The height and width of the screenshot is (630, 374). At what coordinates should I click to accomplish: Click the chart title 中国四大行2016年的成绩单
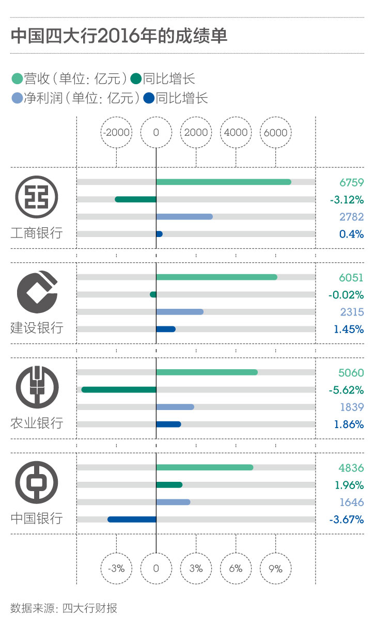tap(119, 37)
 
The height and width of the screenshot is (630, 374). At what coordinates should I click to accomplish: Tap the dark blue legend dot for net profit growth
tap(149, 98)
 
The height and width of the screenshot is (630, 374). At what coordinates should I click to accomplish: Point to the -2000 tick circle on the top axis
tap(116, 132)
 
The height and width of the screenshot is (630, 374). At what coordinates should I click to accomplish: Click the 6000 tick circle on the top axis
tap(275, 132)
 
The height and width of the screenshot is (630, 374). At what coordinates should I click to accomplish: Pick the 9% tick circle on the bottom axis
tap(275, 569)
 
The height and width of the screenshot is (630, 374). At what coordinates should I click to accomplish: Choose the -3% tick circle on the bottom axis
tap(116, 569)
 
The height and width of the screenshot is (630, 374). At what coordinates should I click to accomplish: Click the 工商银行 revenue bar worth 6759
tap(223, 182)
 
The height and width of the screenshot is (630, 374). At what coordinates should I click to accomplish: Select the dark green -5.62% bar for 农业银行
tap(119, 389)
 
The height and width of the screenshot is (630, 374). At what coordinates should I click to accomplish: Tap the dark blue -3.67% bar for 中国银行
tap(132, 519)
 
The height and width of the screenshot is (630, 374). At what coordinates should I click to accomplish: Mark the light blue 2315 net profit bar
tap(179, 311)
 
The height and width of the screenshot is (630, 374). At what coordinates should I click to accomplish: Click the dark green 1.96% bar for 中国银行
tap(169, 484)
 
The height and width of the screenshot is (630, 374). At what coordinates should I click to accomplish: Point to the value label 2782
tap(352, 217)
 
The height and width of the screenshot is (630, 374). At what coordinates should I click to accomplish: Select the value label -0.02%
tap(346, 295)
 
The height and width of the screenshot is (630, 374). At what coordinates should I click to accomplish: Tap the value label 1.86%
tap(349, 424)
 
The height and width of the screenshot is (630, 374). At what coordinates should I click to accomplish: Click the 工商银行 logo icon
tap(36, 196)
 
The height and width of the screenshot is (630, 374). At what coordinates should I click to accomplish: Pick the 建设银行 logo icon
tap(36, 291)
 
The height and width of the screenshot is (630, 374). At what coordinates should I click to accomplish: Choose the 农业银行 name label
tap(37, 423)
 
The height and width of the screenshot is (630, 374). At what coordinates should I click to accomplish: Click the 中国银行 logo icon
tap(36, 482)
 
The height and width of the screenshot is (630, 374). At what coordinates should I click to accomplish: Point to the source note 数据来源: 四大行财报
tap(64, 608)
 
